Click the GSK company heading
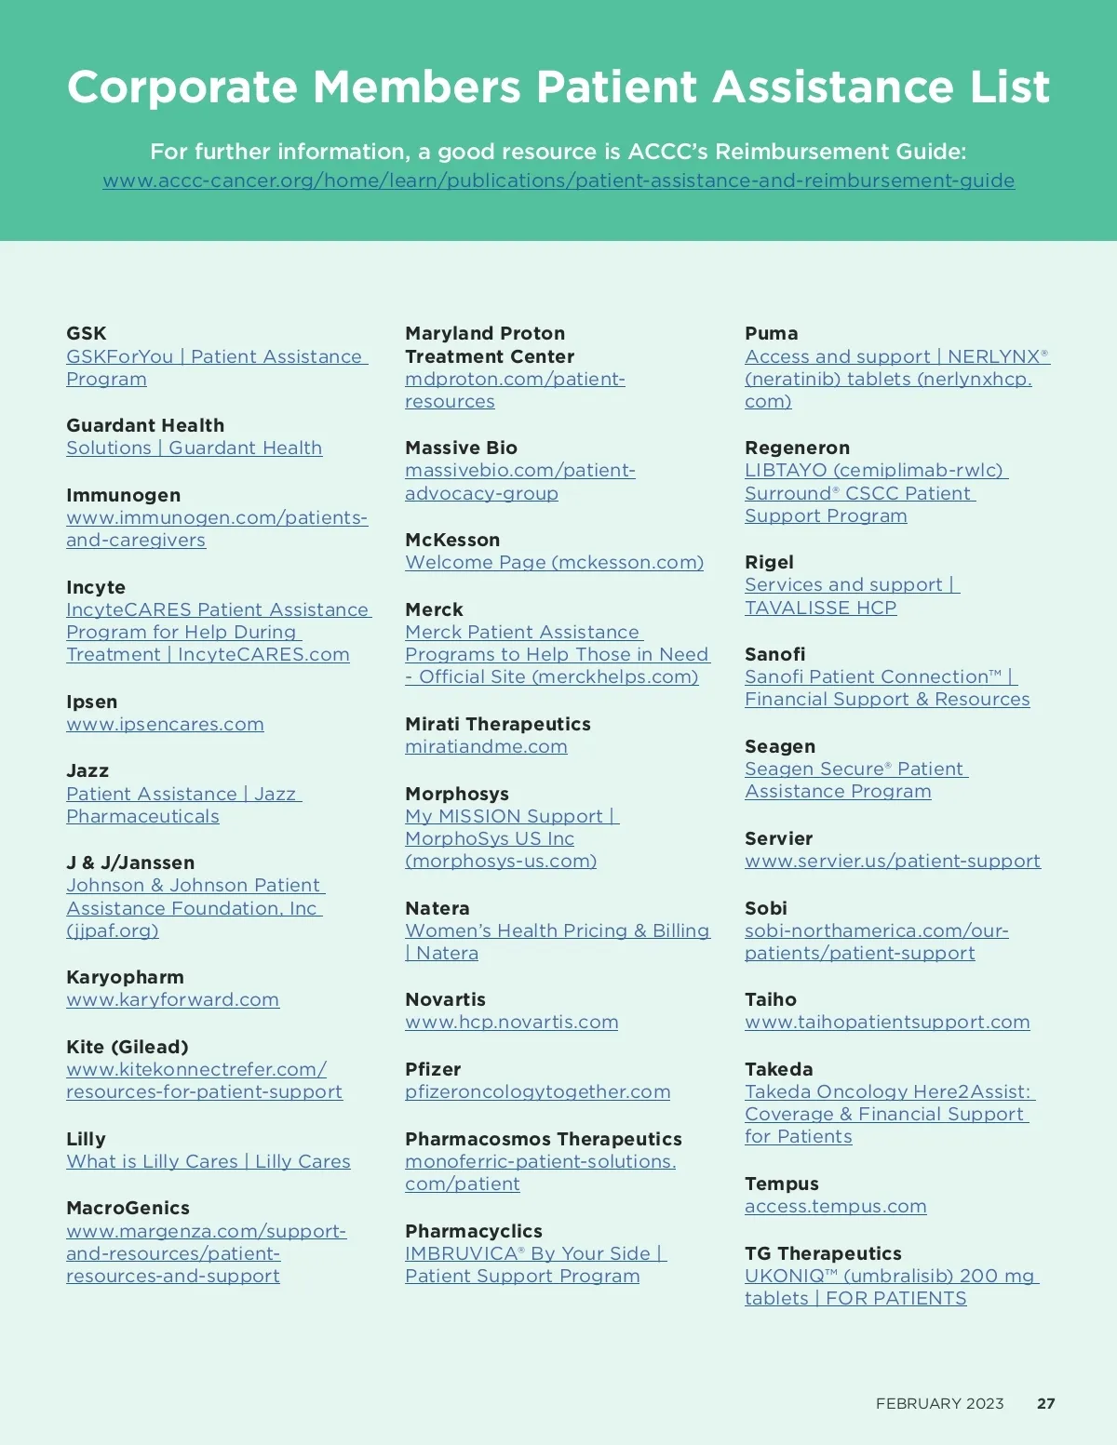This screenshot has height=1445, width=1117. (87, 333)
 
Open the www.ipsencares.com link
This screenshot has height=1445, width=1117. (165, 724)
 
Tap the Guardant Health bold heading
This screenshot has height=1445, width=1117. (145, 425)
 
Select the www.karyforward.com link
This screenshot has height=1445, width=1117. (172, 999)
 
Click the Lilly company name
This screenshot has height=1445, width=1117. (86, 1139)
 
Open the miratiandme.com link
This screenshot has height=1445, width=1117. (486, 746)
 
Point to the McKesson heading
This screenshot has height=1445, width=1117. (452, 540)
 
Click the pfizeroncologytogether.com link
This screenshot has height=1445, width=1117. (537, 1091)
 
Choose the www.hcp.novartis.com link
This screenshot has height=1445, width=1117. (511, 1022)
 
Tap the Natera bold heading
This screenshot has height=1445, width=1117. (437, 908)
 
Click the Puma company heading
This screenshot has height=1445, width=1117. (771, 333)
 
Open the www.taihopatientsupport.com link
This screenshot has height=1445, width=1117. (887, 1022)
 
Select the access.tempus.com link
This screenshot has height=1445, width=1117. (835, 1206)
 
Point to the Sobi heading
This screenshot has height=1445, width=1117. (765, 908)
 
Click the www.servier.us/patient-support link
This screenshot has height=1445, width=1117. (892, 861)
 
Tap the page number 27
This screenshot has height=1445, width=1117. (1045, 1403)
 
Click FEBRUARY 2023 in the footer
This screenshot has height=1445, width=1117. (939, 1403)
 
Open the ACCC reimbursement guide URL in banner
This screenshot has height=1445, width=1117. (558, 181)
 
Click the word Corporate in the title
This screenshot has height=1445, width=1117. (182, 87)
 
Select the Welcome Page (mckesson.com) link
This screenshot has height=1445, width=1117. (554, 562)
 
